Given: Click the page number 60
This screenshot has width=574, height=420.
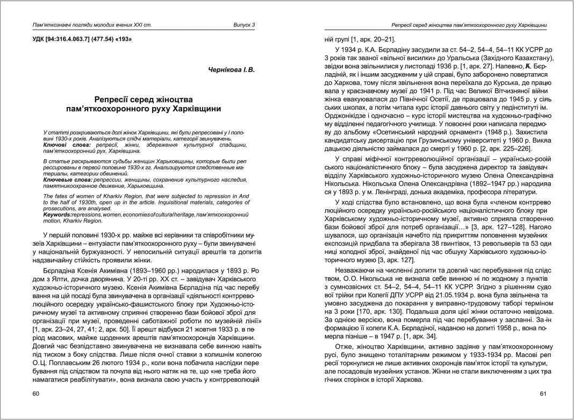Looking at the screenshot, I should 35,394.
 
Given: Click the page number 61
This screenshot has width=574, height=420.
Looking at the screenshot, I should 543,394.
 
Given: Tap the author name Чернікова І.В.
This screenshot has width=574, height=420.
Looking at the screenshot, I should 231,70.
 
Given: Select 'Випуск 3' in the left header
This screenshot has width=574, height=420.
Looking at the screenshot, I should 244,25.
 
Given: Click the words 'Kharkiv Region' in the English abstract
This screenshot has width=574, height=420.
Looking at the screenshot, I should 71,220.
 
